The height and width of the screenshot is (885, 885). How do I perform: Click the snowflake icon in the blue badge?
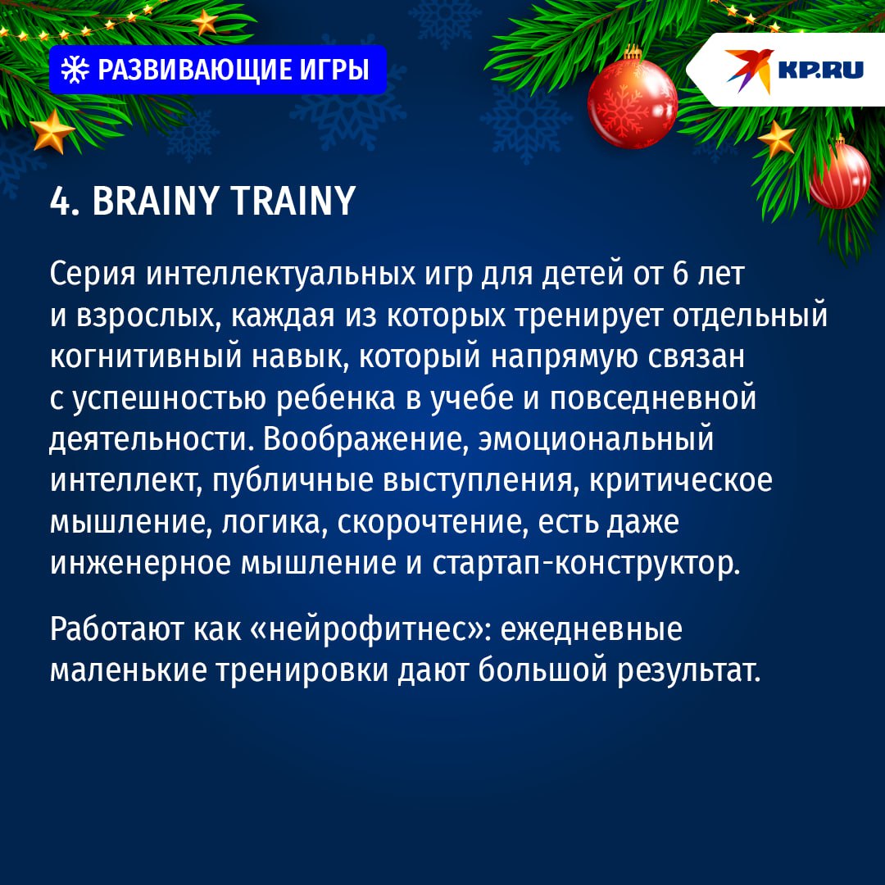pyautogui.click(x=75, y=70)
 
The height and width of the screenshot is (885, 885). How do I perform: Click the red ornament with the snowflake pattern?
pyautogui.click(x=632, y=103)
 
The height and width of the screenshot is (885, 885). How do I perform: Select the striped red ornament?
pyautogui.click(x=839, y=174)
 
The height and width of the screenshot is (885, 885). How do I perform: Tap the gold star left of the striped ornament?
pyautogui.click(x=776, y=139)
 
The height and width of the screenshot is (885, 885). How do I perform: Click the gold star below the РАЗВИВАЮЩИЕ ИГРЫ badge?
pyautogui.click(x=52, y=131)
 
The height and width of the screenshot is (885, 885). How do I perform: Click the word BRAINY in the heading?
pyautogui.click(x=153, y=201)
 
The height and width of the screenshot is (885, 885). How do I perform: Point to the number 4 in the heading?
pyautogui.click(x=60, y=201)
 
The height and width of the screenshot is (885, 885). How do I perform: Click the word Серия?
pyautogui.click(x=93, y=274)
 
